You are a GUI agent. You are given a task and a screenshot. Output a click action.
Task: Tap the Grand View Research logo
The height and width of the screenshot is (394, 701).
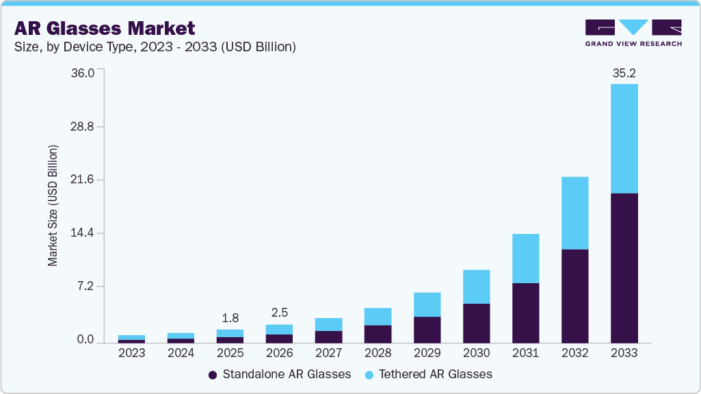tap(633, 32)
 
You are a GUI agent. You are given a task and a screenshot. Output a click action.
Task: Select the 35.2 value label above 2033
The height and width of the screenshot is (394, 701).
tap(624, 73)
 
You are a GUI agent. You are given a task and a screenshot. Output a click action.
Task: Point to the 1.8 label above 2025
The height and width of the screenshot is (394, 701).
tap(230, 318)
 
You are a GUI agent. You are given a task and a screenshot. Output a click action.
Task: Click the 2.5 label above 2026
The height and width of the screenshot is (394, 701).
tap(279, 313)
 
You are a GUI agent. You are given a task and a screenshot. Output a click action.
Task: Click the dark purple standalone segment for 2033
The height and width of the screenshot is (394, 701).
tap(624, 267)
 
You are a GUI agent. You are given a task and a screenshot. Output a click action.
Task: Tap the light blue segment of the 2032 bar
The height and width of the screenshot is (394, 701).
tap(574, 213)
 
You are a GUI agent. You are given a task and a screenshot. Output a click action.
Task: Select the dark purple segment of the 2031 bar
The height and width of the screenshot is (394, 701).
tap(525, 313)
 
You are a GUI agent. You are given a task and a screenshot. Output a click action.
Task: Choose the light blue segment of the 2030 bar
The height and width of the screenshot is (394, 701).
tap(476, 287)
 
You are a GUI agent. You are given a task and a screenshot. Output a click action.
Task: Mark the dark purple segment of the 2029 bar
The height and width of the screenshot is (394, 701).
tap(427, 329)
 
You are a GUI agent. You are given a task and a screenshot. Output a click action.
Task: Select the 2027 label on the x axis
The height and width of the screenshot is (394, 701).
tap(328, 353)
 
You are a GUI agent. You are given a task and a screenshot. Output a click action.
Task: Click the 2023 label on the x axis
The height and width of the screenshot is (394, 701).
tap(131, 353)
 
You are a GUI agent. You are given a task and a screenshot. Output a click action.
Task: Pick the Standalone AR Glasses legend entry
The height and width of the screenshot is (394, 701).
tap(280, 374)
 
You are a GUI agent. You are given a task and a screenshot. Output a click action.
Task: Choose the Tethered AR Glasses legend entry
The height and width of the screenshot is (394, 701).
tap(428, 374)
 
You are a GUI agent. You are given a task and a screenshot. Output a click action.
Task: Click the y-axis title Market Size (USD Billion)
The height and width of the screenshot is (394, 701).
tap(53, 205)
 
